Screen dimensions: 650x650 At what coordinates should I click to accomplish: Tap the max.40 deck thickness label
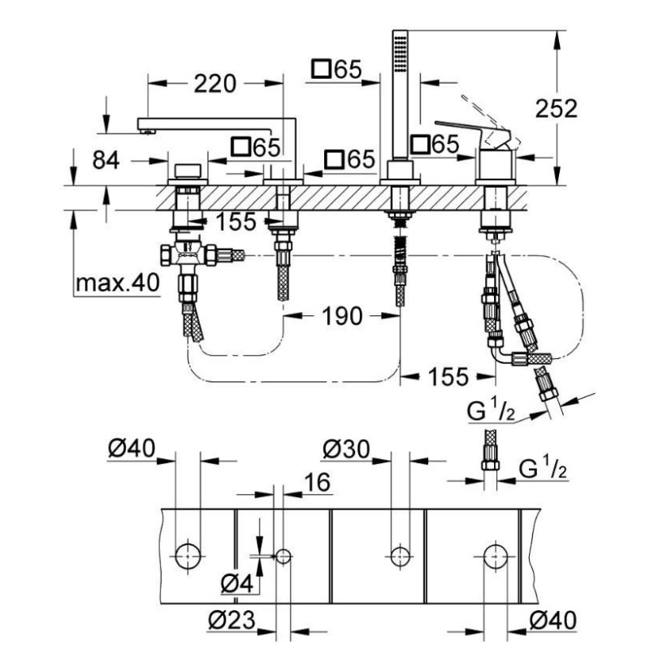click(117, 284)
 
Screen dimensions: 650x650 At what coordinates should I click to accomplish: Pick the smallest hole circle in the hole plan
click(284, 556)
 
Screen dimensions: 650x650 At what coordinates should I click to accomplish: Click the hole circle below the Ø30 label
click(399, 556)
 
